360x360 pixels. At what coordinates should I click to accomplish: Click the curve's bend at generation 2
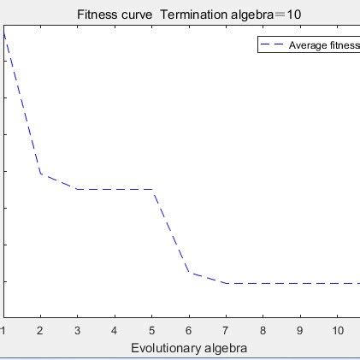(40, 174)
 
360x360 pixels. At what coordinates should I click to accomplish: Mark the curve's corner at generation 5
(152, 189)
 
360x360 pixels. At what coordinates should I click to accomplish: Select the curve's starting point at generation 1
(4, 34)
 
